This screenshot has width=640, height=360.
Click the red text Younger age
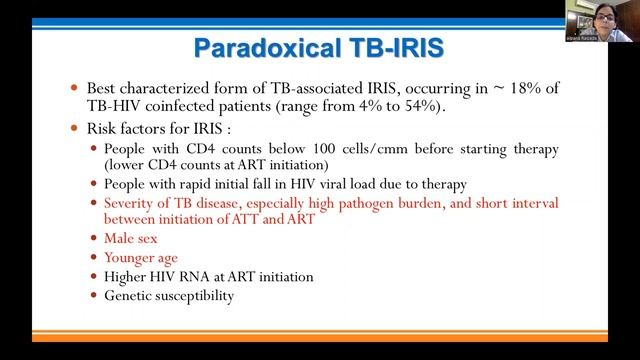tap(141, 257)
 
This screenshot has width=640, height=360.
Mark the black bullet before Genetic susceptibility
tap(95, 296)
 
